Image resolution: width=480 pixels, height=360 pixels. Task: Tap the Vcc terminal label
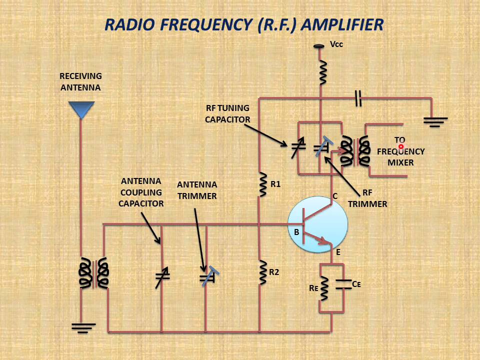tap(336, 44)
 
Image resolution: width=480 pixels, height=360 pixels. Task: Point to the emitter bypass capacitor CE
tap(343, 284)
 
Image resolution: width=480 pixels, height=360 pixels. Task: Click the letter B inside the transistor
tap(296, 232)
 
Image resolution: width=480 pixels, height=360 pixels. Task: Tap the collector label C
tap(335, 196)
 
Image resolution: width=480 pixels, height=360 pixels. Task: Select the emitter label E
tap(338, 252)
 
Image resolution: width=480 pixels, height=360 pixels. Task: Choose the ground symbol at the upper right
tap(435, 121)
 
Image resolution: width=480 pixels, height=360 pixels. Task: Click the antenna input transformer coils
tap(93, 273)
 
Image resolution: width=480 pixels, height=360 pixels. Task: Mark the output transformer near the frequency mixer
tap(354, 151)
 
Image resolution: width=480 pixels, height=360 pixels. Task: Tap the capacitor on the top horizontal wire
tap(357, 98)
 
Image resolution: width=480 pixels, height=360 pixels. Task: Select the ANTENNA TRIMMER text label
tap(197, 190)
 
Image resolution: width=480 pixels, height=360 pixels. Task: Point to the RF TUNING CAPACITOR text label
tap(227, 113)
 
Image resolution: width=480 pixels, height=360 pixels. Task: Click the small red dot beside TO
tap(401, 146)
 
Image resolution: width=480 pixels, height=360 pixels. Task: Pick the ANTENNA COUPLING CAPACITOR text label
tap(141, 192)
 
